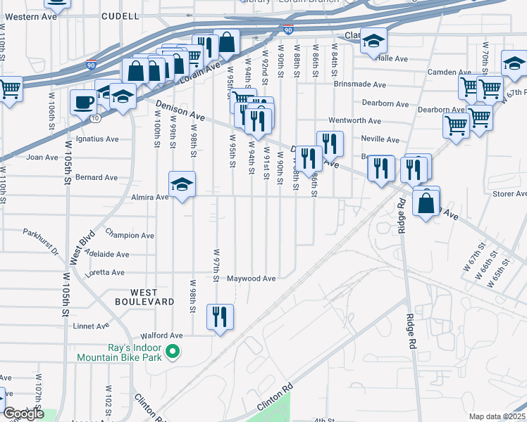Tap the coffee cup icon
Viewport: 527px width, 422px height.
coord(83,103)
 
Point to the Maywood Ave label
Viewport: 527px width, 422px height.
coord(251,279)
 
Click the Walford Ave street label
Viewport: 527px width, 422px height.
coord(161,336)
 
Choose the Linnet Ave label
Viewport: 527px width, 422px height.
coord(92,326)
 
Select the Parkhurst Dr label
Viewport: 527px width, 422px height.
coord(40,232)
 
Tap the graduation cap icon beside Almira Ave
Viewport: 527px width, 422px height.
coord(182,184)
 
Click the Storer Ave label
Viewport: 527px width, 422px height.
coord(510,193)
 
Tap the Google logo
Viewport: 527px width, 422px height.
coord(23,414)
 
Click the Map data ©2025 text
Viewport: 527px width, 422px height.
coord(496,416)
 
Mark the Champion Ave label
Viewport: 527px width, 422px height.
coord(129,236)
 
